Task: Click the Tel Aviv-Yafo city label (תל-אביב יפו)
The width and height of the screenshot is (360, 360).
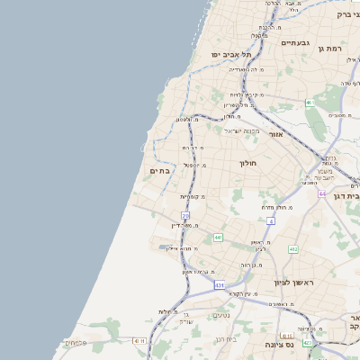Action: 229,55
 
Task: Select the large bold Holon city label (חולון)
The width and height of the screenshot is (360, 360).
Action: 248,163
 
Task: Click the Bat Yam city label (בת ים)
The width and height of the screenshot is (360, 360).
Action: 159,170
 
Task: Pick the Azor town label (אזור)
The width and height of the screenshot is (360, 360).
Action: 275,134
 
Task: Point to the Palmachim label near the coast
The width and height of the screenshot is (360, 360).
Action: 74,342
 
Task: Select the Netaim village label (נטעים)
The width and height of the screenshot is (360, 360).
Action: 220,315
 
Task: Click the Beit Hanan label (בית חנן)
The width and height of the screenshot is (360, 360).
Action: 226,338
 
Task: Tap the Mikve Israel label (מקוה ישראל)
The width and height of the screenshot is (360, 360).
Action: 241,130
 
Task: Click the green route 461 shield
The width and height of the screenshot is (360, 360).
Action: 309,103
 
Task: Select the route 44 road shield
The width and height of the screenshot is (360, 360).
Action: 321,193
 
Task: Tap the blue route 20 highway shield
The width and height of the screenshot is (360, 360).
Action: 186,216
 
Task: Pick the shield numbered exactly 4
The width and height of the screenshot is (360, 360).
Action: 270,220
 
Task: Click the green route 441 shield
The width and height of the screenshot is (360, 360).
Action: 218,238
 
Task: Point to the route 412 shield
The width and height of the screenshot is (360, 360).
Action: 292,249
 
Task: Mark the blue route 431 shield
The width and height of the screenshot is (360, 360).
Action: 219,285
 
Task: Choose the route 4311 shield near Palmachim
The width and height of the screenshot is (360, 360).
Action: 139,341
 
